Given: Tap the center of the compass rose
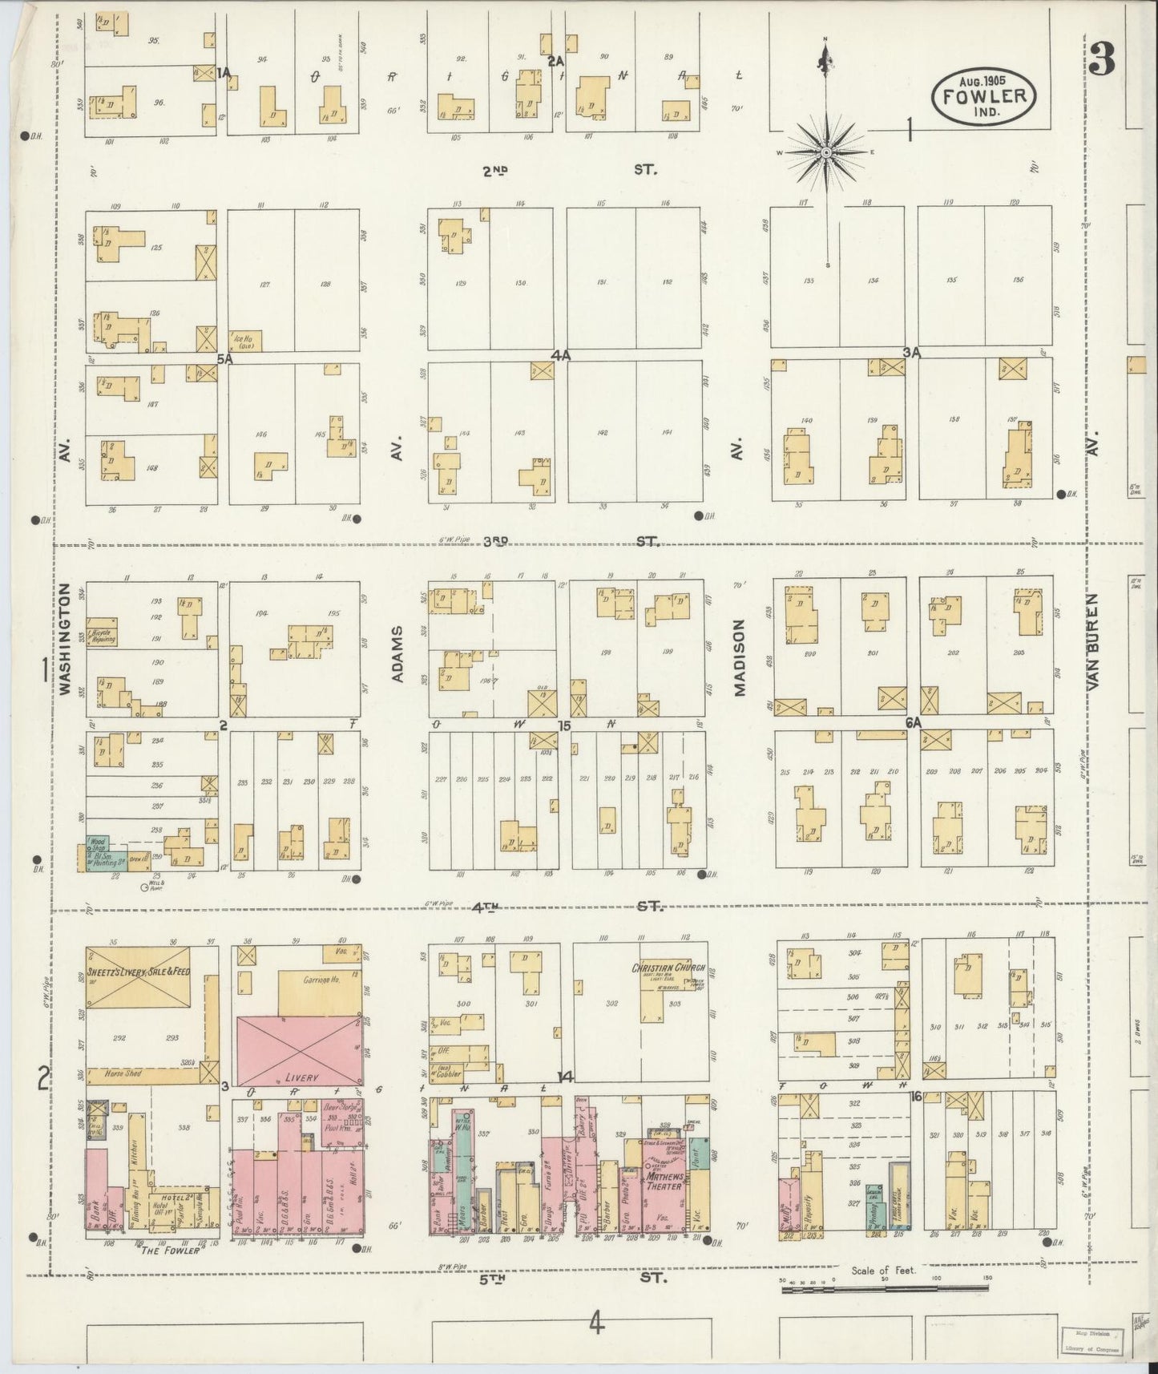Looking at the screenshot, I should pyautogui.click(x=826, y=152).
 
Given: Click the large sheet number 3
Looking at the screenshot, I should pyautogui.click(x=1103, y=59).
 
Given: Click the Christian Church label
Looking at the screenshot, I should pyautogui.click(x=662, y=968).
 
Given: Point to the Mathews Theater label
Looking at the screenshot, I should pyautogui.click(x=664, y=1181).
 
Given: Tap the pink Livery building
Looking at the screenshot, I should pyautogui.click(x=298, y=1050).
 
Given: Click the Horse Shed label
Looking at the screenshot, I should pyautogui.click(x=120, y=1072).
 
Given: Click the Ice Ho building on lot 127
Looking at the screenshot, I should pyautogui.click(x=244, y=340).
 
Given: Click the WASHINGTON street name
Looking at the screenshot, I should pyautogui.click(x=67, y=639).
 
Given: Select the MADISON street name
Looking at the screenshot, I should pyautogui.click(x=739, y=657).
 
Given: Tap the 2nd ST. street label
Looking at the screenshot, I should pyautogui.click(x=569, y=170).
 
